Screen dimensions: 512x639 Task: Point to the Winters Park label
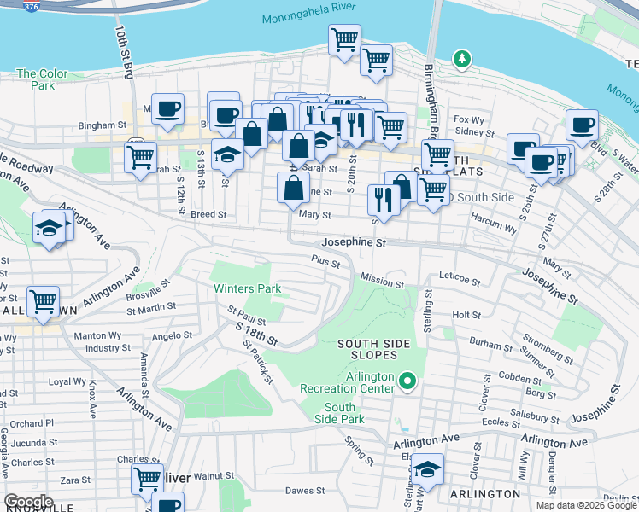[247, 289]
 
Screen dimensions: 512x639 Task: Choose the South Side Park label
[339, 413]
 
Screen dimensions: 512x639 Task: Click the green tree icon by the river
[462, 59]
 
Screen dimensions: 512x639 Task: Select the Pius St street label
[325, 259]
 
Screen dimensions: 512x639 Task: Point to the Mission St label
[382, 280]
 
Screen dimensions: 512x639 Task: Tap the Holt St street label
[466, 315]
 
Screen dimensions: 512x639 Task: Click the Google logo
[28, 502]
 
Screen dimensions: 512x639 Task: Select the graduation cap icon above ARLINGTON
[427, 468]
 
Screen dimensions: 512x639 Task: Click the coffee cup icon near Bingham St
[167, 108]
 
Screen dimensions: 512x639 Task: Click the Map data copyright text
[585, 505]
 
